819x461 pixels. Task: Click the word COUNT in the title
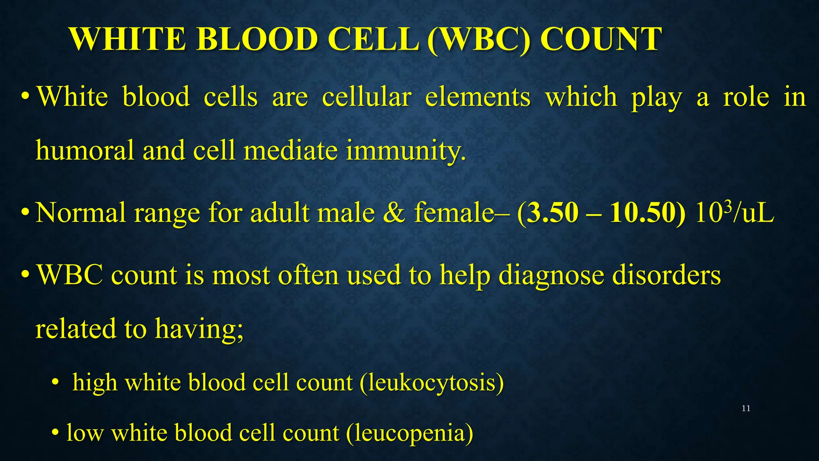[x=601, y=39]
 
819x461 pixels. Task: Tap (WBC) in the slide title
[x=479, y=39]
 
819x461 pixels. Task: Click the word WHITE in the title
[x=127, y=39]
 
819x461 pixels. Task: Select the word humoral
[x=85, y=150]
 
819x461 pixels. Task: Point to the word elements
[x=477, y=97]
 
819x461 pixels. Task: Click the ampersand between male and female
[x=394, y=212]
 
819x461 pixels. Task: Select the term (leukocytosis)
[x=432, y=383]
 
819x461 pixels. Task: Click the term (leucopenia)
[x=409, y=433]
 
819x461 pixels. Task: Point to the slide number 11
[x=746, y=409]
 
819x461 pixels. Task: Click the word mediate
[x=290, y=150]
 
